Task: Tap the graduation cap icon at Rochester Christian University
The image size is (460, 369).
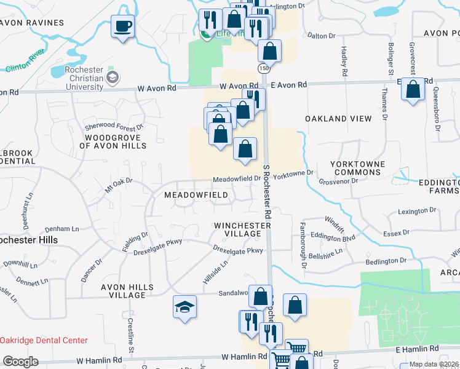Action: [x=112, y=77]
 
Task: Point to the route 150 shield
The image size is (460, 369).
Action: [x=263, y=67]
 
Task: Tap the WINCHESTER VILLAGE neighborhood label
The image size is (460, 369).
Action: [x=242, y=230]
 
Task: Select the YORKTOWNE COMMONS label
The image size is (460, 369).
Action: [x=357, y=169]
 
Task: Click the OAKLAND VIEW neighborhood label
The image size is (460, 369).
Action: [x=338, y=118]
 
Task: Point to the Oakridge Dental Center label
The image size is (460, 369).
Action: [x=44, y=340]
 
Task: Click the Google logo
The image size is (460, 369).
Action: [x=20, y=362]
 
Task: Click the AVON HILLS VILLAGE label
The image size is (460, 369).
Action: [x=119, y=291]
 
